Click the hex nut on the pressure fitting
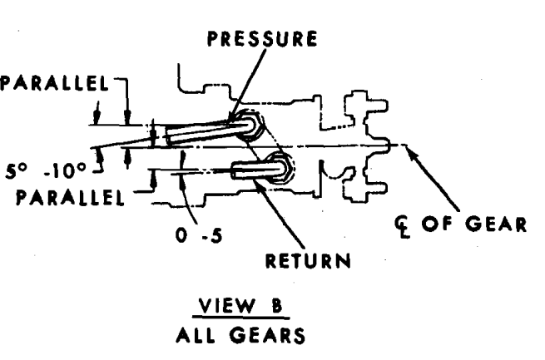click(x=250, y=127)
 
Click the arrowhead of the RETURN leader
click(x=259, y=184)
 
